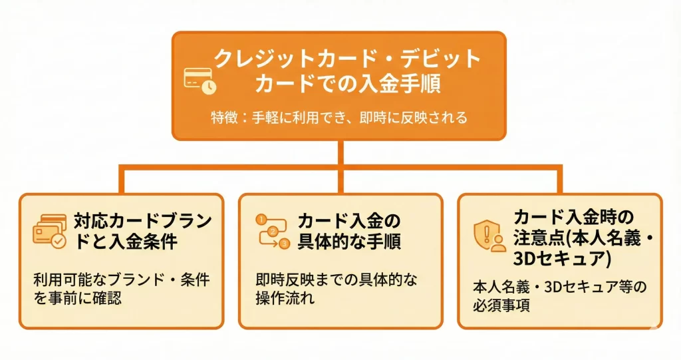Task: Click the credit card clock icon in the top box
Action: pyautogui.click(x=200, y=81)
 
